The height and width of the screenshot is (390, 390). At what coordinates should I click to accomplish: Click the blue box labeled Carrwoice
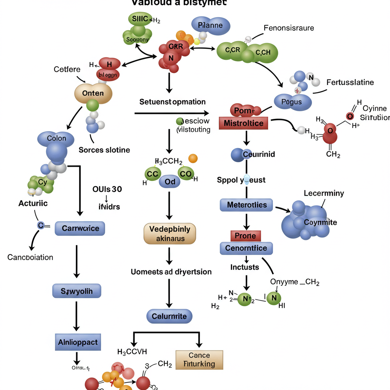tap(80, 229)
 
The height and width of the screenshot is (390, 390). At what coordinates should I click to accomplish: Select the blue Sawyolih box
tap(77, 292)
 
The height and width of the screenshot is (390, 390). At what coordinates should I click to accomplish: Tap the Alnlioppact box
tap(78, 342)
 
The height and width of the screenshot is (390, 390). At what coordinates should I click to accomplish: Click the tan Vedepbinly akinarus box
tap(170, 233)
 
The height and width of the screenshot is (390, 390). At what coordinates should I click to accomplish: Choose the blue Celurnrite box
tap(169, 316)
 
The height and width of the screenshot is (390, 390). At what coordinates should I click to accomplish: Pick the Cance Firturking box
tap(199, 360)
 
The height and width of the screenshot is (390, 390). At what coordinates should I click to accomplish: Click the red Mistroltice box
tap(244, 123)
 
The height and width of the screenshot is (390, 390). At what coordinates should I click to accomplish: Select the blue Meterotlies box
tap(246, 205)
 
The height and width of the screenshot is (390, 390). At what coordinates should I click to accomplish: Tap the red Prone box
tap(245, 236)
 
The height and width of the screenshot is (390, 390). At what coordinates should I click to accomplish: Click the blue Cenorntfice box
tap(246, 248)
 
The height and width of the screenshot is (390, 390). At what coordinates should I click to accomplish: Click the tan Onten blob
tap(93, 93)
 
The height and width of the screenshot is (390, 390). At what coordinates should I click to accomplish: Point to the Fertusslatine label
tap(350, 82)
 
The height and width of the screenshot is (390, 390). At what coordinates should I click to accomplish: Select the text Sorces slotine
tap(104, 150)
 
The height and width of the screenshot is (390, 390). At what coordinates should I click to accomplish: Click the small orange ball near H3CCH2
tap(193, 158)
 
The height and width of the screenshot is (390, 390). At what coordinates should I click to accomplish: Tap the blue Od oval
tap(170, 182)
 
